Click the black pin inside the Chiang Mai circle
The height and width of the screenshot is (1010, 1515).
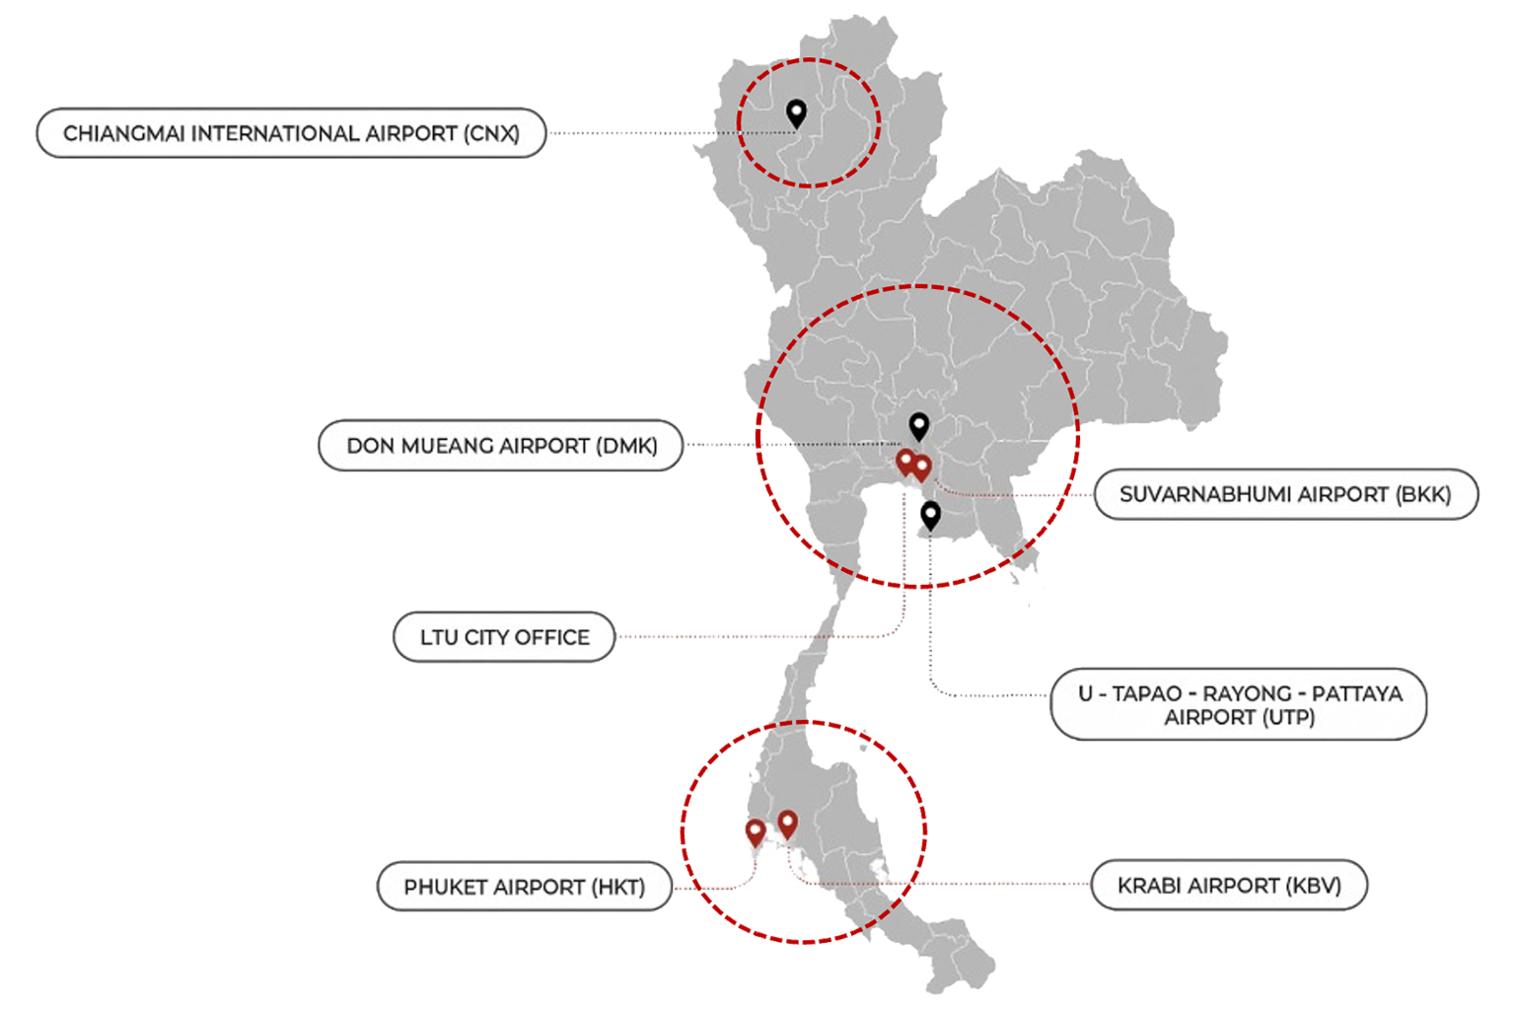[796, 111]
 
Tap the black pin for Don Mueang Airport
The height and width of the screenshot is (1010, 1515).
[918, 425]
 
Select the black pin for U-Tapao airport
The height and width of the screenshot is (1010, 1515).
[930, 514]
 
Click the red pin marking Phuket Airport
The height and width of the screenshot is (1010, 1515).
[756, 831]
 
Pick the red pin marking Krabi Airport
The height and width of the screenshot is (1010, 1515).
[787, 822]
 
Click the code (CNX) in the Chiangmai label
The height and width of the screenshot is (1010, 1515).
[491, 133]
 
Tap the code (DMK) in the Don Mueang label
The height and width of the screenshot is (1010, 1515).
[626, 446]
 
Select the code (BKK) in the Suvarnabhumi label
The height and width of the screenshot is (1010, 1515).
[1423, 494]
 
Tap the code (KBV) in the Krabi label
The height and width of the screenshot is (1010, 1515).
[1313, 886]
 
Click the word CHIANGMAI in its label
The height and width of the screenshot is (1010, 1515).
[124, 133]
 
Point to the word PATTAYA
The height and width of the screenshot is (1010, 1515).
[1356, 693]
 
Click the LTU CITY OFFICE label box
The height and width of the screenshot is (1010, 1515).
[504, 637]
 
